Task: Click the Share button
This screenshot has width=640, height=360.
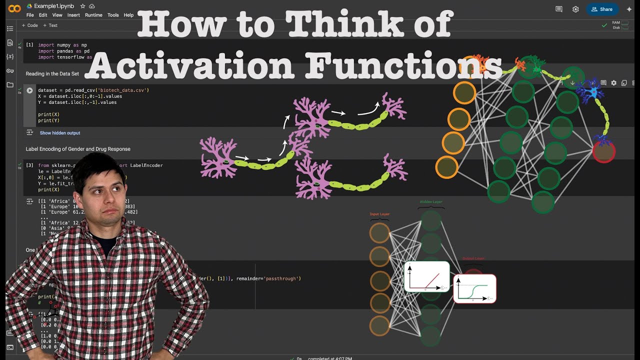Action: point(602,9)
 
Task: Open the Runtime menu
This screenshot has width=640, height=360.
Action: point(93,15)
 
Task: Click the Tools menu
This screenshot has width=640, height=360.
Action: point(113,15)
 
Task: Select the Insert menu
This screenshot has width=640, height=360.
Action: point(73,15)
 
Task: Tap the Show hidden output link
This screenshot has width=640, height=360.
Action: point(60,133)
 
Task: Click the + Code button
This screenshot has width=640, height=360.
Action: point(30,25)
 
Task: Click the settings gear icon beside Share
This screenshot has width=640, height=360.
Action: point(575,9)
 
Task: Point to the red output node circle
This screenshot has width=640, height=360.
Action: point(603,151)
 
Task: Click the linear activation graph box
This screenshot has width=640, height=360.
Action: point(426,276)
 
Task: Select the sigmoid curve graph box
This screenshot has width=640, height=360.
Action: point(474,288)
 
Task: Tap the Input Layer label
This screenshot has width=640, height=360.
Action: point(379,214)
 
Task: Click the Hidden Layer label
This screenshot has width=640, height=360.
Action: point(430,202)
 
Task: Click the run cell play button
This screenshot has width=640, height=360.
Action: point(29,90)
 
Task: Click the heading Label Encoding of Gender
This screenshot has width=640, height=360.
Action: point(78,149)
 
